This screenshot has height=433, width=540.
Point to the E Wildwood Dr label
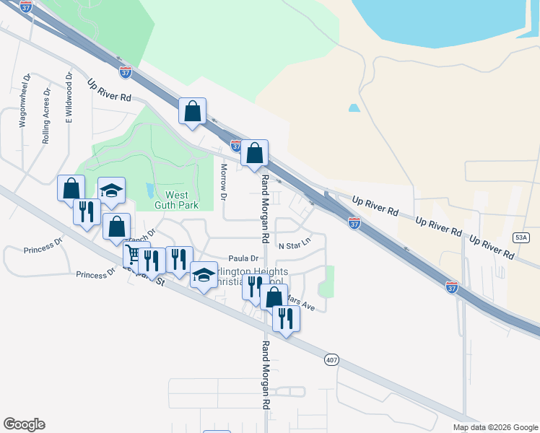[x=70, y=98]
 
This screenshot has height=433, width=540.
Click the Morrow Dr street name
[x=224, y=182]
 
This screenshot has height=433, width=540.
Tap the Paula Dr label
[x=243, y=258]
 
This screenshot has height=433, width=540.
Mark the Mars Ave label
[x=301, y=302]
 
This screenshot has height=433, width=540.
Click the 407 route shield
[x=331, y=359]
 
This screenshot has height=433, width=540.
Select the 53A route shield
[x=522, y=237]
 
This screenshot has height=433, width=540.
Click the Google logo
[x=24, y=424]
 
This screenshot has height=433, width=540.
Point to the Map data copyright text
[x=495, y=427]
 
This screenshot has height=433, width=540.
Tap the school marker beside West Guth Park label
[x=111, y=191]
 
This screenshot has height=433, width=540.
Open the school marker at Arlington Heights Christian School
[x=204, y=275]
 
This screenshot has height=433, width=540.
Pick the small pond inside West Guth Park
[x=149, y=191]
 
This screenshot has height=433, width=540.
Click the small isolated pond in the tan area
[x=354, y=108]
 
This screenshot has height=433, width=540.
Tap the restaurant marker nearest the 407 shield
[x=286, y=318]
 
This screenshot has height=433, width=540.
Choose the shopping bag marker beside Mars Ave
[x=274, y=297]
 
